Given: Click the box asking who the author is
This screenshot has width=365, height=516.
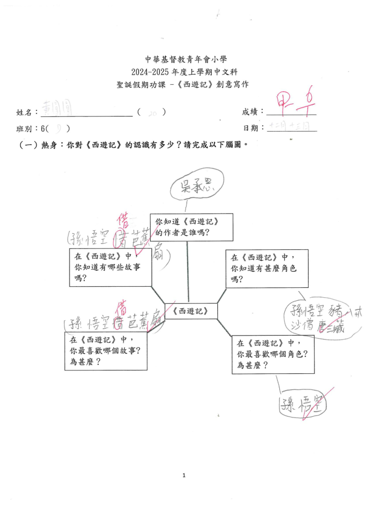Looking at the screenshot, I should pos(192,227).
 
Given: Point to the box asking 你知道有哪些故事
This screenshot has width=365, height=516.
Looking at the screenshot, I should pos(110,267).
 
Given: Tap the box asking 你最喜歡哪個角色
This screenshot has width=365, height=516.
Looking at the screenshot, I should pos(273,355).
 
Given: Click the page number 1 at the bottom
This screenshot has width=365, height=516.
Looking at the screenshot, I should pos(184,475).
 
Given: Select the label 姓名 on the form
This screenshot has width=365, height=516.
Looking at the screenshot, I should pos(27,112).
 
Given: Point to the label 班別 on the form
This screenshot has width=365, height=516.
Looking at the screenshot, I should pos(27,128).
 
